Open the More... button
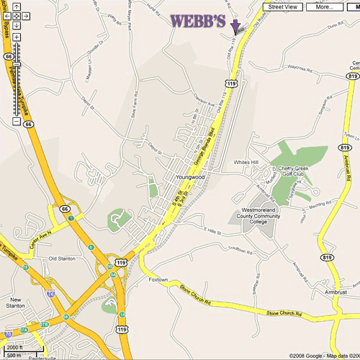pyautogui.click(x=323, y=6)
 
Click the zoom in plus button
pyautogui.click(x=16, y=37)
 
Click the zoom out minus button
pyautogui.click(x=16, y=121)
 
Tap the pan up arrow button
pyautogui.click(x=16, y=6)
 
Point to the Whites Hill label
pyautogui.click(x=245, y=162)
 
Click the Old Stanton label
pyautogui.click(x=62, y=257)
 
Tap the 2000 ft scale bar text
pyautogui.click(x=15, y=347)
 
